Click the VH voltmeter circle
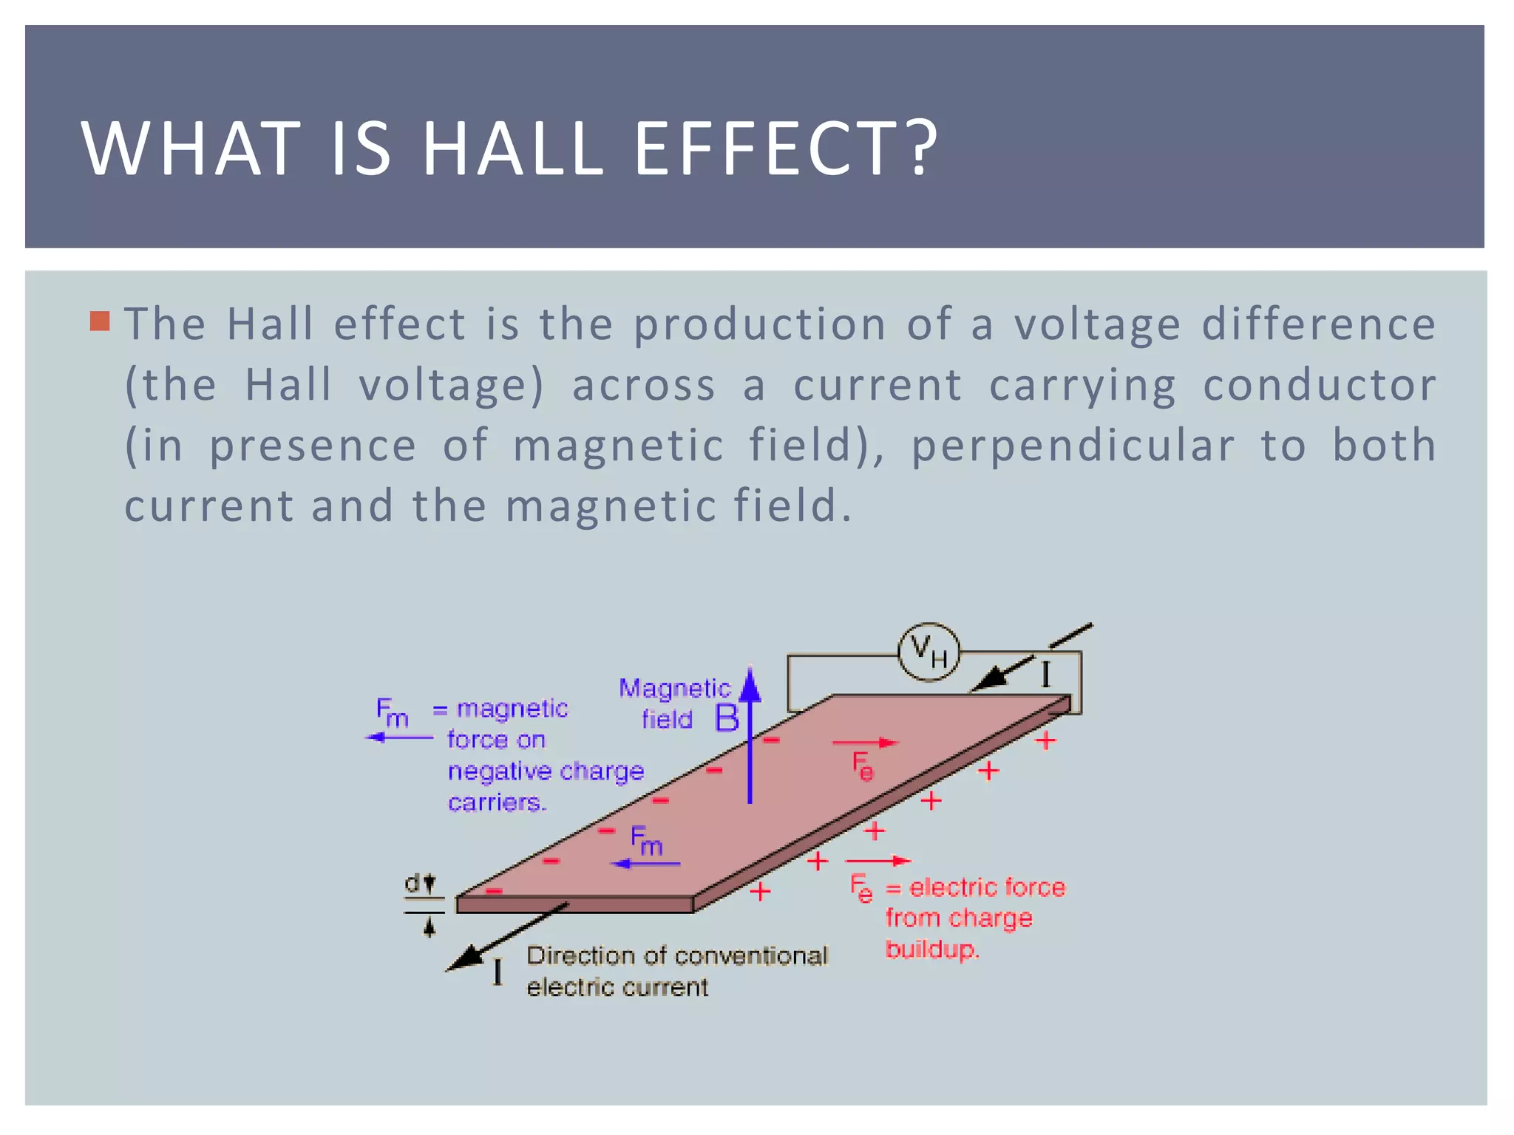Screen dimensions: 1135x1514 point(929,652)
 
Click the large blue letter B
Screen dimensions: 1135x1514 point(727,718)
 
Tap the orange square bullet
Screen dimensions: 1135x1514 point(100,321)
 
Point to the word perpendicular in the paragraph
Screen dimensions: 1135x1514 point(1072,446)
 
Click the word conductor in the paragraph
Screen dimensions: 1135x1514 point(1319,385)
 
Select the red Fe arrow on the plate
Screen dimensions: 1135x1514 point(865,743)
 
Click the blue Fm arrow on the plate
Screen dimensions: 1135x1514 point(645,863)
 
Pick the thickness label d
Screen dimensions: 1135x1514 point(413,882)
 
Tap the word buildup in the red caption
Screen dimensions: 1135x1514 point(931,949)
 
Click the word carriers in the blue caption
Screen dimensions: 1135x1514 point(496,802)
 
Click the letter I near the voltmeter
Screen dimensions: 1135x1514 point(1045,674)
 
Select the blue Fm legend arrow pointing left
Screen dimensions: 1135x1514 point(399,737)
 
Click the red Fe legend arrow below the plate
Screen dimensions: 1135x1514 point(877,861)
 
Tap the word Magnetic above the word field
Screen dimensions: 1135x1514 point(674,688)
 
